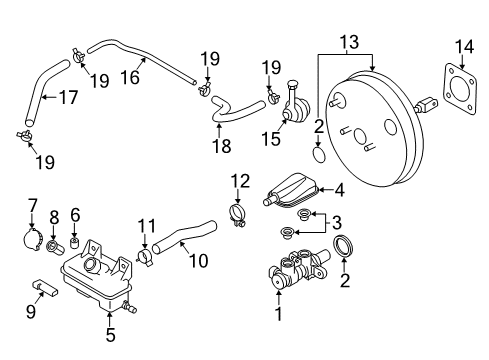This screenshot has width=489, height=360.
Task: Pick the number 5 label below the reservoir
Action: (x=109, y=335)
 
